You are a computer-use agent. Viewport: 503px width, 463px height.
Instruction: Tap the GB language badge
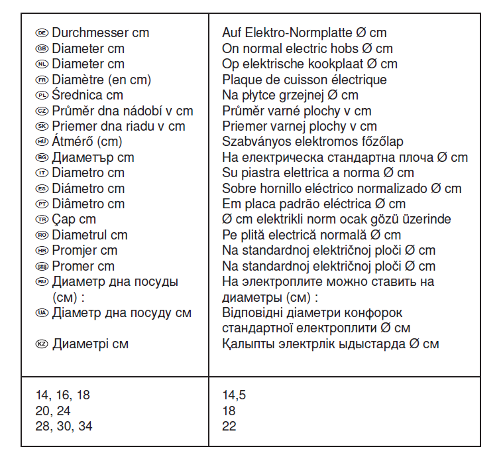coord(42,48)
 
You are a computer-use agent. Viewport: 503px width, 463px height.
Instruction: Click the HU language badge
coord(42,141)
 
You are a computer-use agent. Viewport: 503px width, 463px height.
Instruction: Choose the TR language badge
coord(42,220)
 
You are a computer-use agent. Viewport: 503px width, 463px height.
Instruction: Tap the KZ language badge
coord(42,344)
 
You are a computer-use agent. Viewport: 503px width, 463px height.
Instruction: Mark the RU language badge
coord(42,281)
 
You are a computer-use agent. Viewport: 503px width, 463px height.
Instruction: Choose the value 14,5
coord(235,395)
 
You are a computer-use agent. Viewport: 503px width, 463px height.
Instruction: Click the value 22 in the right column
coord(229,427)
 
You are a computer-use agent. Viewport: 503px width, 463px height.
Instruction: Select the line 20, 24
coord(53,411)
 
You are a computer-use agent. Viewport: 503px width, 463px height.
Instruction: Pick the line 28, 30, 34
coord(64,427)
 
